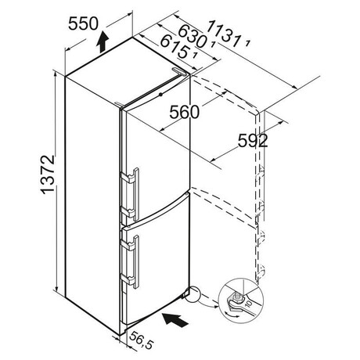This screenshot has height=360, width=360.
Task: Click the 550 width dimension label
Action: pos(83,23)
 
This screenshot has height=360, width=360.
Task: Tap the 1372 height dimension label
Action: pos(48,175)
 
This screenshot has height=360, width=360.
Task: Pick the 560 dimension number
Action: pos(184,113)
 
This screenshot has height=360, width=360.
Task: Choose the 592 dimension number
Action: pos(253,141)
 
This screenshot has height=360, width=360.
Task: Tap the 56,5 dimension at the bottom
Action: pos(141,340)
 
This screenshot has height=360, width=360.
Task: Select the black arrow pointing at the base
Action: pos(175,319)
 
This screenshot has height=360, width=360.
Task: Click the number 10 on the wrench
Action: pos(249,304)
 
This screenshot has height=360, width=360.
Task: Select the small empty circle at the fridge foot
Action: pos(193,293)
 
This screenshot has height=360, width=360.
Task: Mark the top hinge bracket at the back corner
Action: pos(180,71)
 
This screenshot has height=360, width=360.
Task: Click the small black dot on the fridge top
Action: pos(160,95)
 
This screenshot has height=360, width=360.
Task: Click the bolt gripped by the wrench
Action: pos(237,298)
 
